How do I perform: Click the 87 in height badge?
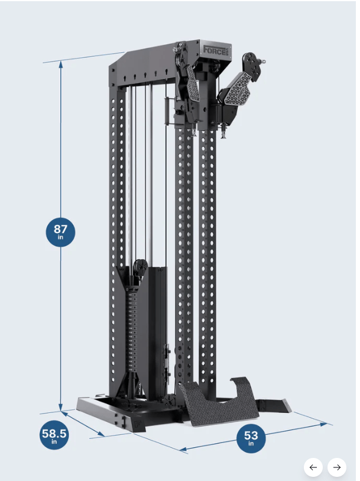(x=60, y=231)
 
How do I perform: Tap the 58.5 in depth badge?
(x=54, y=435)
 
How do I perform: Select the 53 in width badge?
(x=251, y=439)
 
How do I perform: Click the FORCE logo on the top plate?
(x=217, y=50)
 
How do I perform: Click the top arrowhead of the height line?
(x=60, y=63)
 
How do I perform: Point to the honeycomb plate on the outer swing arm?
(x=238, y=86)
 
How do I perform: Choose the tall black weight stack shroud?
(x=155, y=331)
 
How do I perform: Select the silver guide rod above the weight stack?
(x=151, y=177)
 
